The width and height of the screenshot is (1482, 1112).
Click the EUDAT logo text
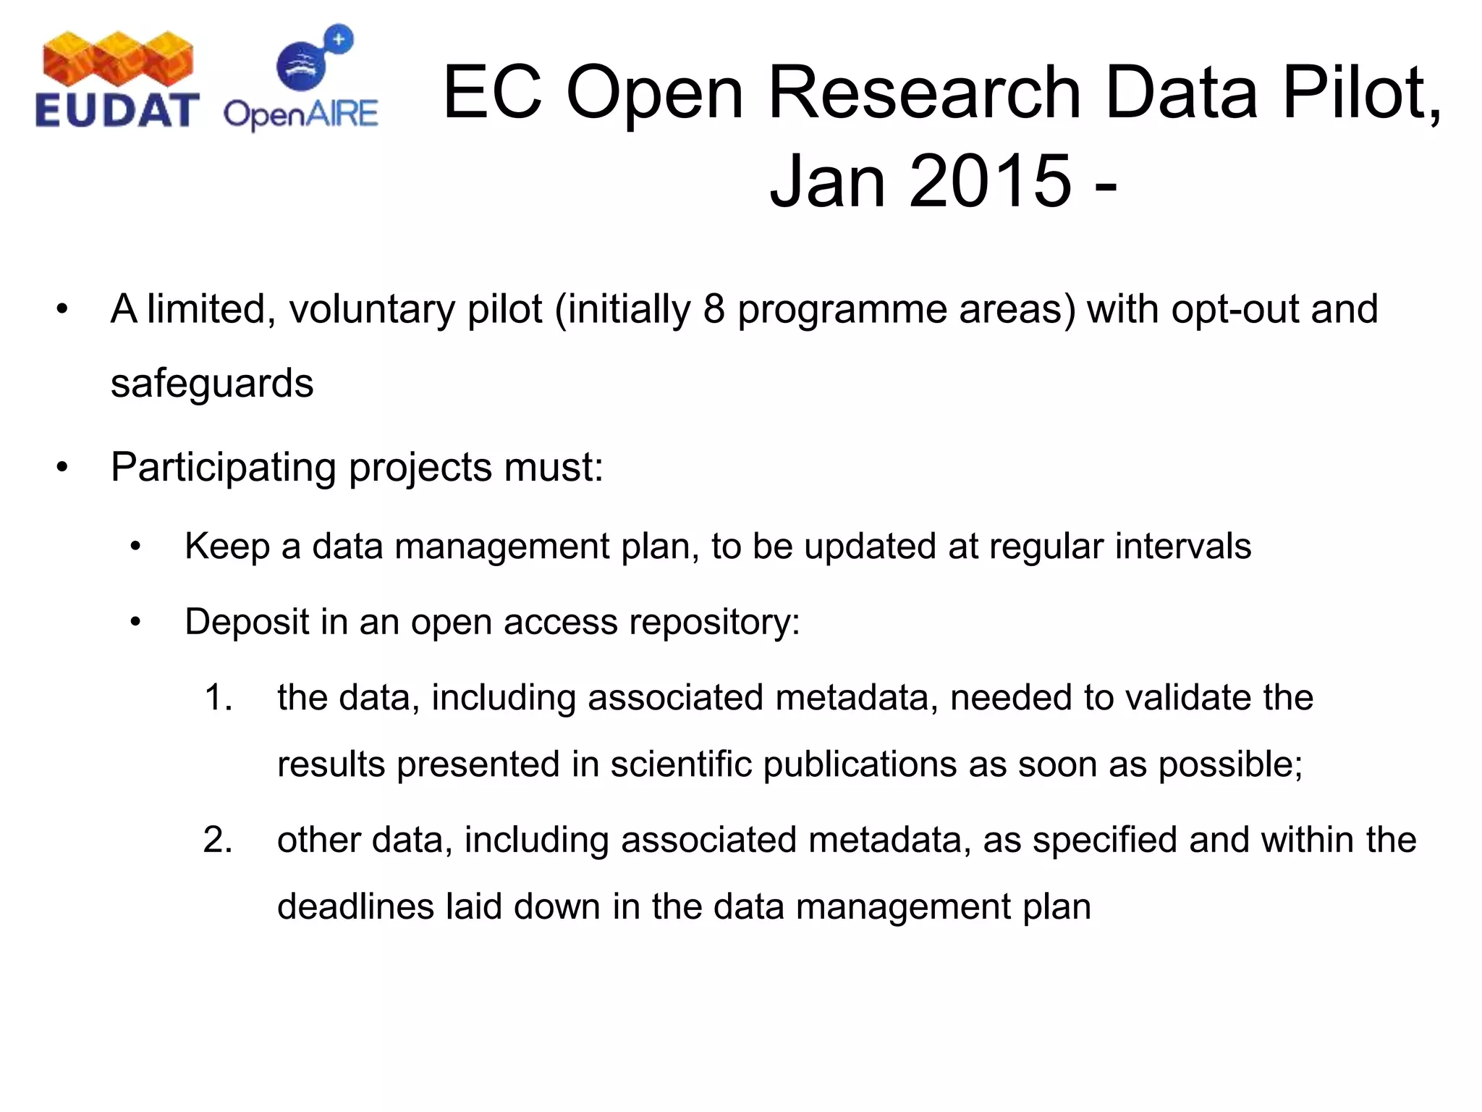[117, 111]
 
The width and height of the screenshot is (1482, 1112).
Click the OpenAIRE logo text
[300, 114]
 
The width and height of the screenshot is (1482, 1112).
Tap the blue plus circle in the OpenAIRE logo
[339, 39]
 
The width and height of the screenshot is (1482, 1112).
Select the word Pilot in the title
[1360, 93]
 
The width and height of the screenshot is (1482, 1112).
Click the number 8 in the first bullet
[714, 309]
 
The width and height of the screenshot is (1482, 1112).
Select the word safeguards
[212, 383]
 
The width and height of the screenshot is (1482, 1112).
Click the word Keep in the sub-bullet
[227, 547]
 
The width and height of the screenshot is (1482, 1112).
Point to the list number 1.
[218, 698]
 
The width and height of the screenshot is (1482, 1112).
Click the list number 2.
[218, 841]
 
